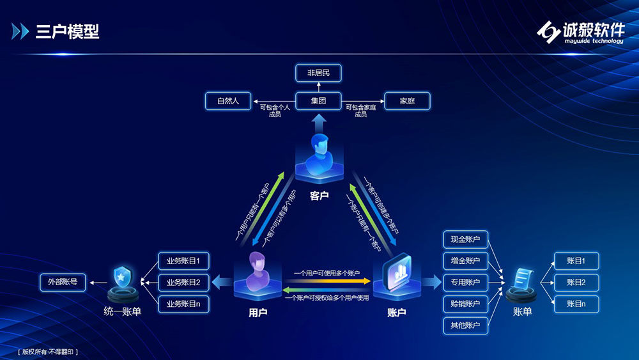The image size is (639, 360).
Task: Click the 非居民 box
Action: coord(318,73)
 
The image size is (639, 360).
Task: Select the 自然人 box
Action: coord(228,101)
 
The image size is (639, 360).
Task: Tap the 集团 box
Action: coord(318,101)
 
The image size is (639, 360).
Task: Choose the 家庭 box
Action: coord(407,101)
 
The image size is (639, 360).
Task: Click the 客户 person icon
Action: coord(319,155)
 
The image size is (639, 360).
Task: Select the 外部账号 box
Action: coord(63,281)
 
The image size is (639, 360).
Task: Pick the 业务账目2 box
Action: coord(183,282)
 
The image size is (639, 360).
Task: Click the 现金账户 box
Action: coord(465,240)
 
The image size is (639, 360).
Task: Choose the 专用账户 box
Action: coord(465,282)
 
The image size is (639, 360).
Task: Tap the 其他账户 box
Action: coord(465,325)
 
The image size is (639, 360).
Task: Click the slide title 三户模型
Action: coord(67,31)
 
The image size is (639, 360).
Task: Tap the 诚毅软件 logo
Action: coord(580,32)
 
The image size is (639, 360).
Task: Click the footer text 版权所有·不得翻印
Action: coord(49,352)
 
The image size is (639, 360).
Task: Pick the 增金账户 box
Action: coord(465,261)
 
